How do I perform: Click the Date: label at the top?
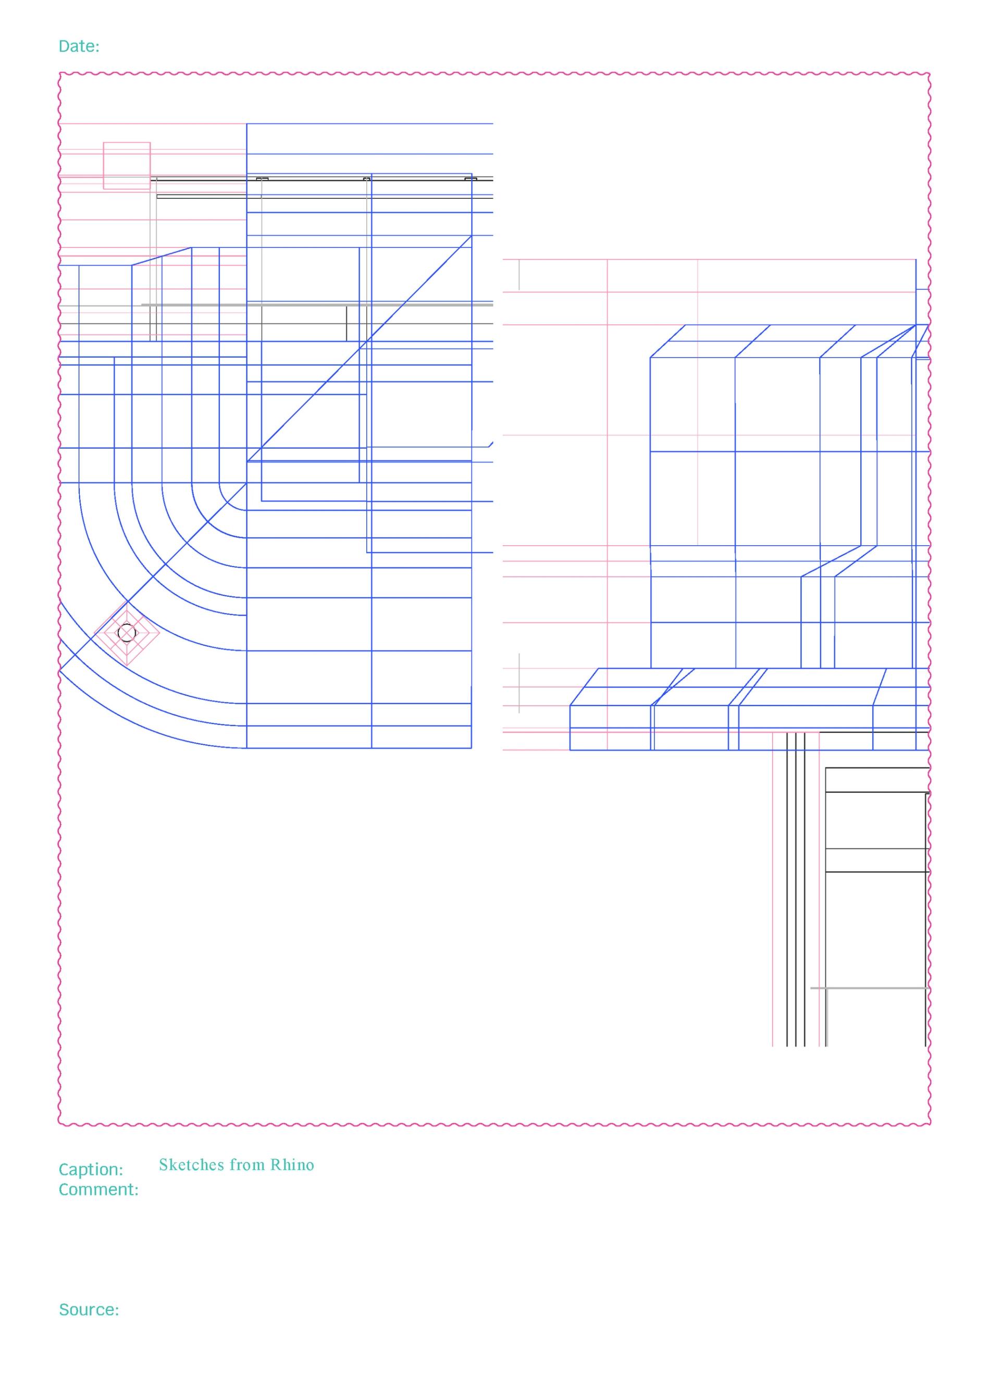pyautogui.click(x=79, y=46)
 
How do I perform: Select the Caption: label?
pyautogui.click(x=91, y=1170)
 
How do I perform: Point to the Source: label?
pyautogui.click(x=89, y=1309)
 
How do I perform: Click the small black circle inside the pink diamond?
pyautogui.click(x=127, y=633)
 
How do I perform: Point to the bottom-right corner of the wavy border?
pyautogui.click(x=930, y=1123)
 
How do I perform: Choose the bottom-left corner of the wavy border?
pyautogui.click(x=60, y=1123)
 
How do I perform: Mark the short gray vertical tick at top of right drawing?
pyautogui.click(x=519, y=274)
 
